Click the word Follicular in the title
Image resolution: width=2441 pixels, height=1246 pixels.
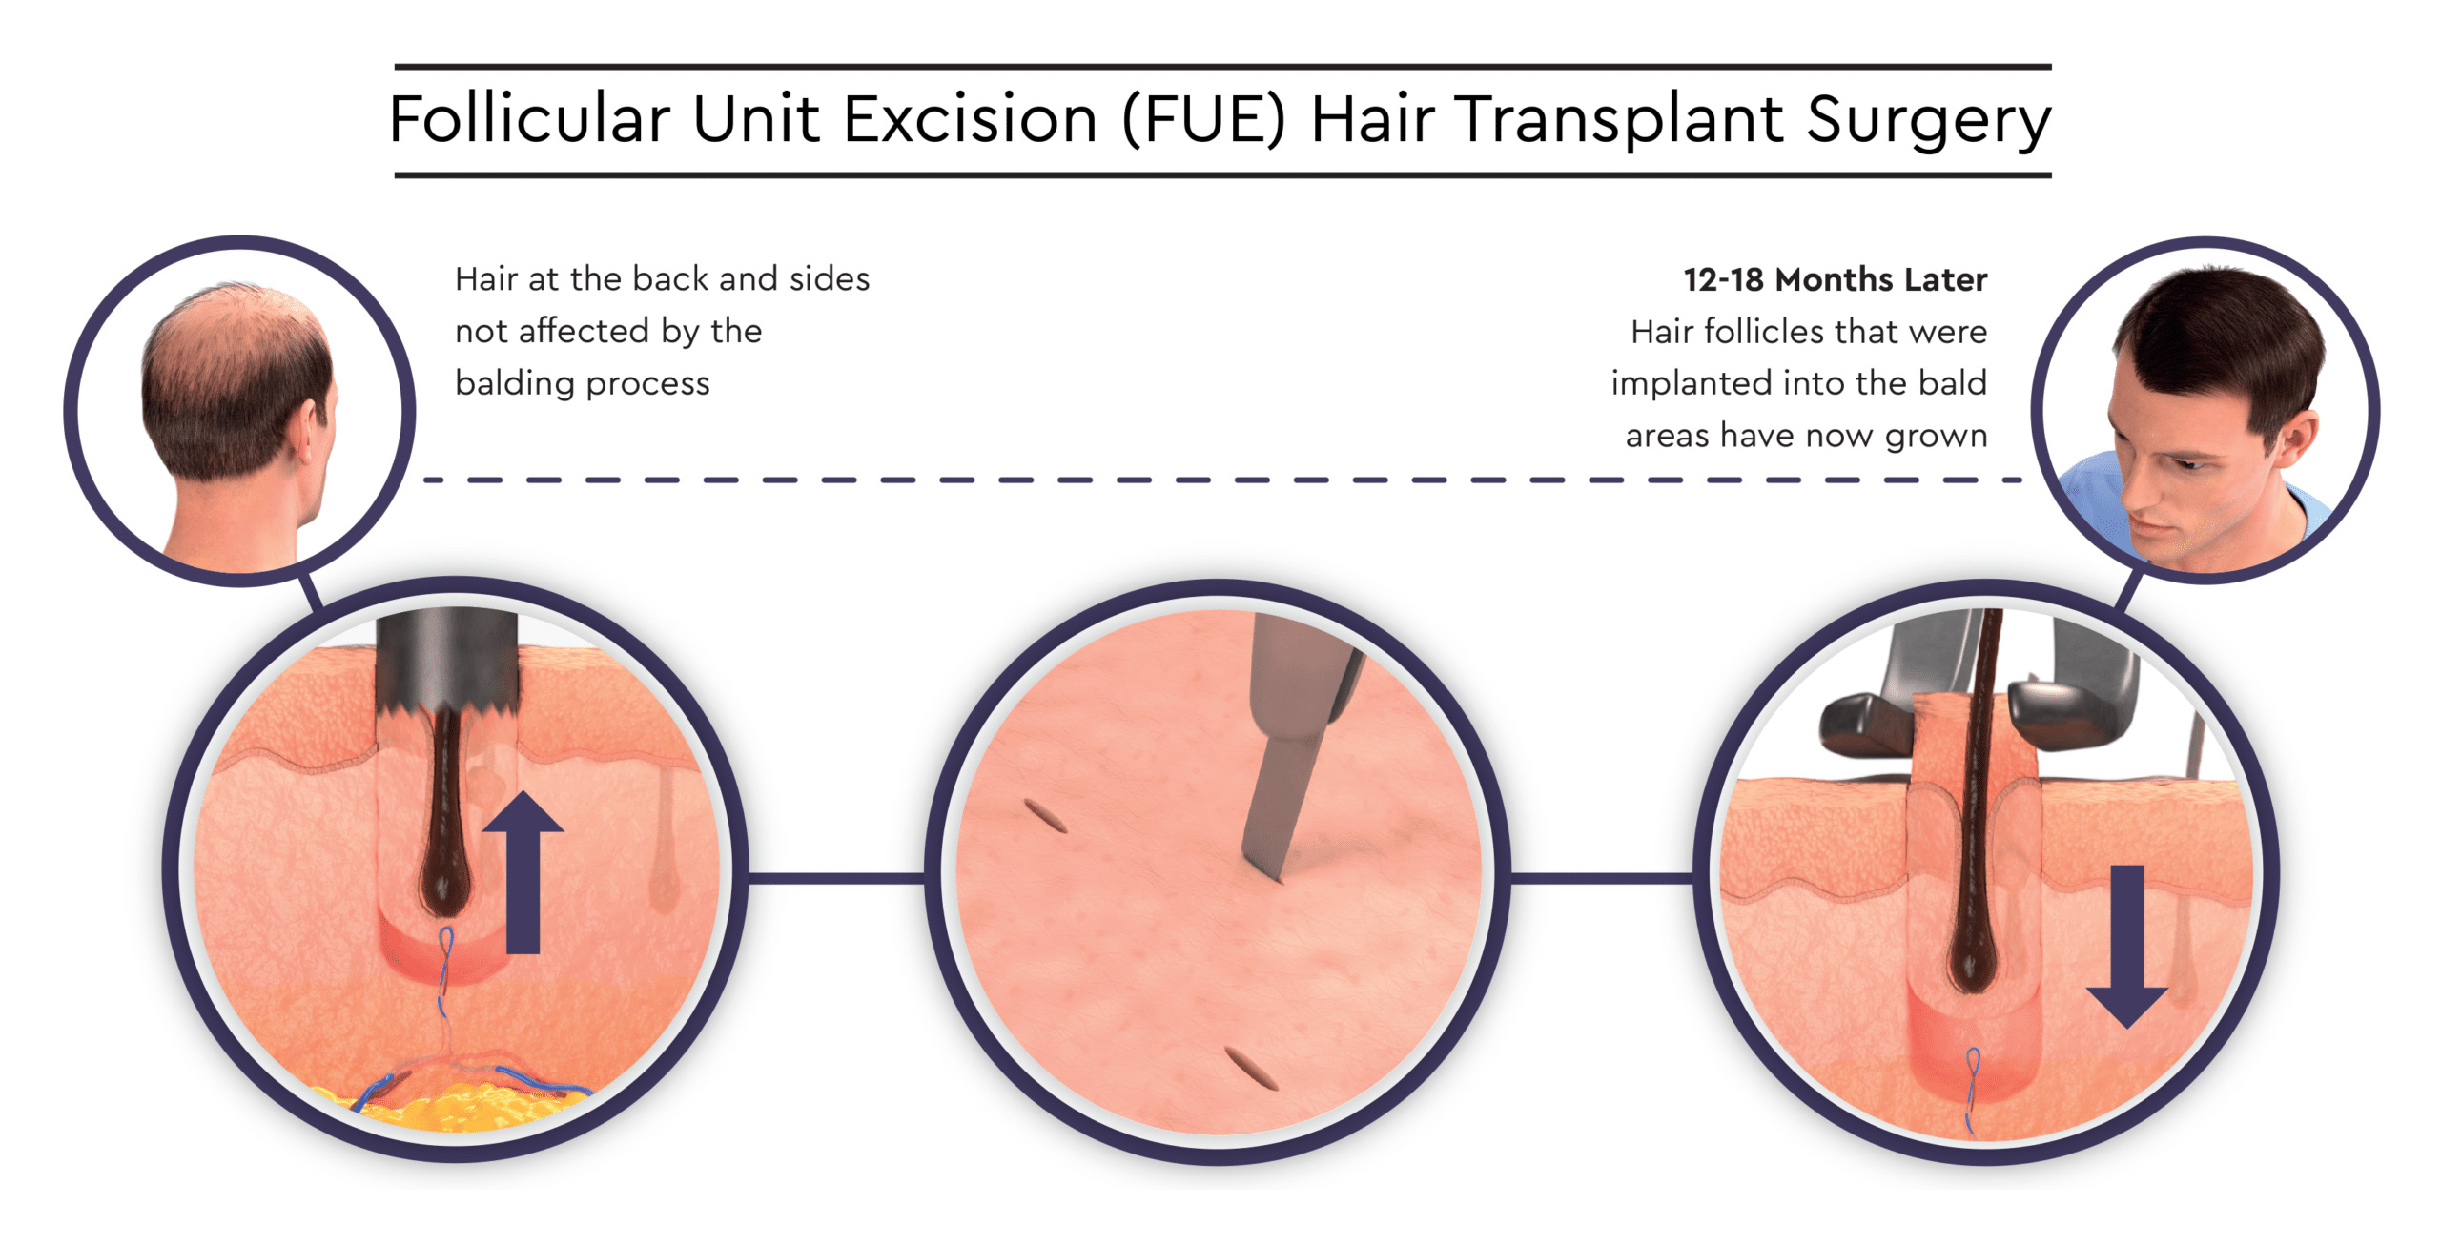pyautogui.click(x=530, y=120)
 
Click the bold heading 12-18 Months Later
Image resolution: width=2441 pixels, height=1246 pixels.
pyautogui.click(x=1835, y=279)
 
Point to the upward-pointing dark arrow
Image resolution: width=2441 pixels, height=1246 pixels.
pyautogui.click(x=523, y=871)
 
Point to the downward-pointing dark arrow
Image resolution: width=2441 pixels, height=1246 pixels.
pyautogui.click(x=2126, y=947)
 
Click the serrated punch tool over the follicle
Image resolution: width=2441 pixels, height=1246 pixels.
pyautogui.click(x=447, y=665)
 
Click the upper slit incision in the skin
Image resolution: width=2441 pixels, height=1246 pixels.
pyautogui.click(x=1045, y=816)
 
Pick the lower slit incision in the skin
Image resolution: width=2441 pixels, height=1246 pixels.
pyautogui.click(x=1251, y=1068)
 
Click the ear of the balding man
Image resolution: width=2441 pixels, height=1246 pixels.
pyautogui.click(x=309, y=434)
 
